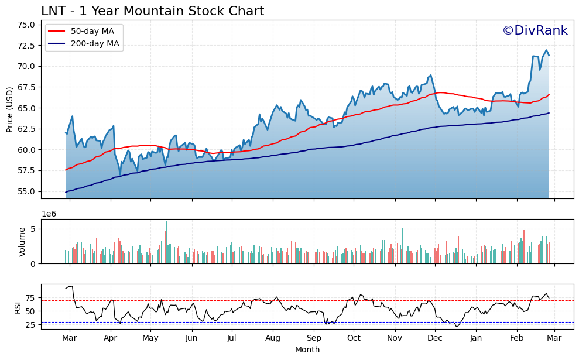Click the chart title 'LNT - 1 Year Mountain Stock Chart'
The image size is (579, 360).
click(x=152, y=11)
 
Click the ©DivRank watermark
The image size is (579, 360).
click(x=535, y=30)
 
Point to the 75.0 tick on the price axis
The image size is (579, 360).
click(x=26, y=25)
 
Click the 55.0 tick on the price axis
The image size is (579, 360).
click(x=26, y=191)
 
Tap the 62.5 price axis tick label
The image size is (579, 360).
click(x=26, y=129)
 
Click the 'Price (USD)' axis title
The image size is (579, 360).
click(x=10, y=109)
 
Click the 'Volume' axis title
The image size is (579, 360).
click(x=22, y=242)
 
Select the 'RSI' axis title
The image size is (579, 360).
click(x=17, y=307)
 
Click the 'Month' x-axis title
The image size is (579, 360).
click(x=307, y=350)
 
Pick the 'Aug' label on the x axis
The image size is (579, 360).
click(x=273, y=338)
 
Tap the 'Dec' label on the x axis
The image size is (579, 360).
click(x=434, y=338)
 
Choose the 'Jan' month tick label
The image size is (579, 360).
click(x=476, y=338)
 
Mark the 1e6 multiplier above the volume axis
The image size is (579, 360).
click(x=49, y=215)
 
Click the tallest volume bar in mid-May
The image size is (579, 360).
click(x=167, y=242)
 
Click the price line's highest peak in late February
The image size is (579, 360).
click(x=546, y=50)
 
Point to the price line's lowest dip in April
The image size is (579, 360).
click(x=120, y=175)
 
